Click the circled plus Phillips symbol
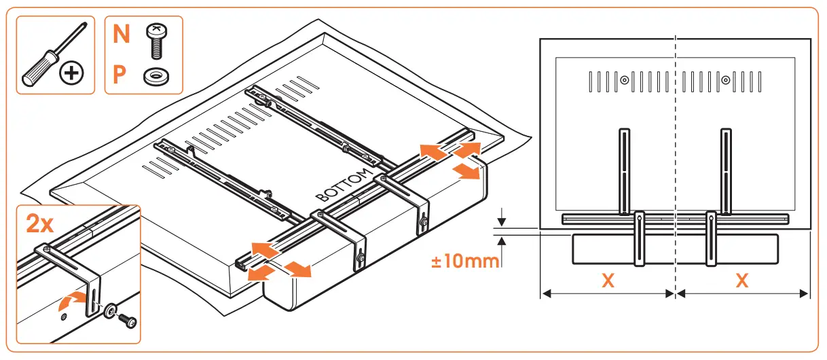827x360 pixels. (71, 73)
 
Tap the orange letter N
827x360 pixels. (121, 34)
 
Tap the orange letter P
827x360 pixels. (120, 74)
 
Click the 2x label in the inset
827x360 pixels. (39, 223)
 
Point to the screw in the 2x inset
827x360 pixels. (126, 319)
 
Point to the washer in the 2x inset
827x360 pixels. (109, 312)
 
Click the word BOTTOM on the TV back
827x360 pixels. (346, 183)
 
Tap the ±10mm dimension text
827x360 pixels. (464, 261)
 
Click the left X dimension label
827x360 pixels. (608, 280)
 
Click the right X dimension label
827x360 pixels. (742, 280)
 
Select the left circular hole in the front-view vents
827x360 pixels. (624, 81)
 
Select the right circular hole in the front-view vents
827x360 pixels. (726, 81)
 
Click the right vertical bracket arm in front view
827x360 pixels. (726, 170)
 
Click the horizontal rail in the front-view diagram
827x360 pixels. (676, 219)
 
